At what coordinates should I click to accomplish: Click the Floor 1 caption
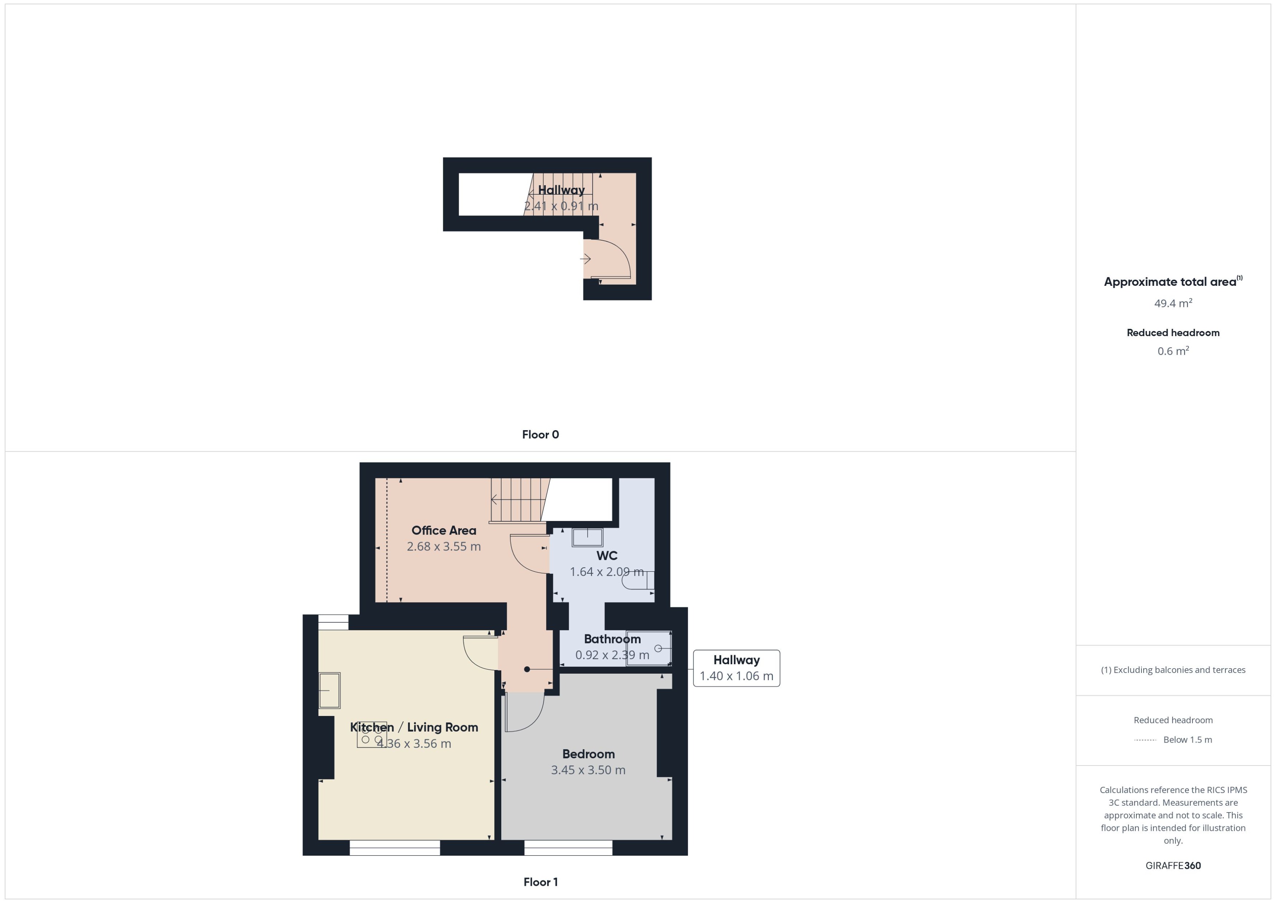[540, 882]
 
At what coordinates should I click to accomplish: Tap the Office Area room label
[444, 530]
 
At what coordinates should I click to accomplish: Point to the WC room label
[607, 556]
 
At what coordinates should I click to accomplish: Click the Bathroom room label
[612, 639]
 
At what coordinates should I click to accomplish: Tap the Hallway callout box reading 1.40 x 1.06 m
[736, 668]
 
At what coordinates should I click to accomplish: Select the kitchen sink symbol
[329, 690]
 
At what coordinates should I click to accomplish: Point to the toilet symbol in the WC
[638, 580]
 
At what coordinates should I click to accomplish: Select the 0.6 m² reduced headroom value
[1172, 351]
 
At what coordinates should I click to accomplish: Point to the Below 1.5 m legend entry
[1187, 740]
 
